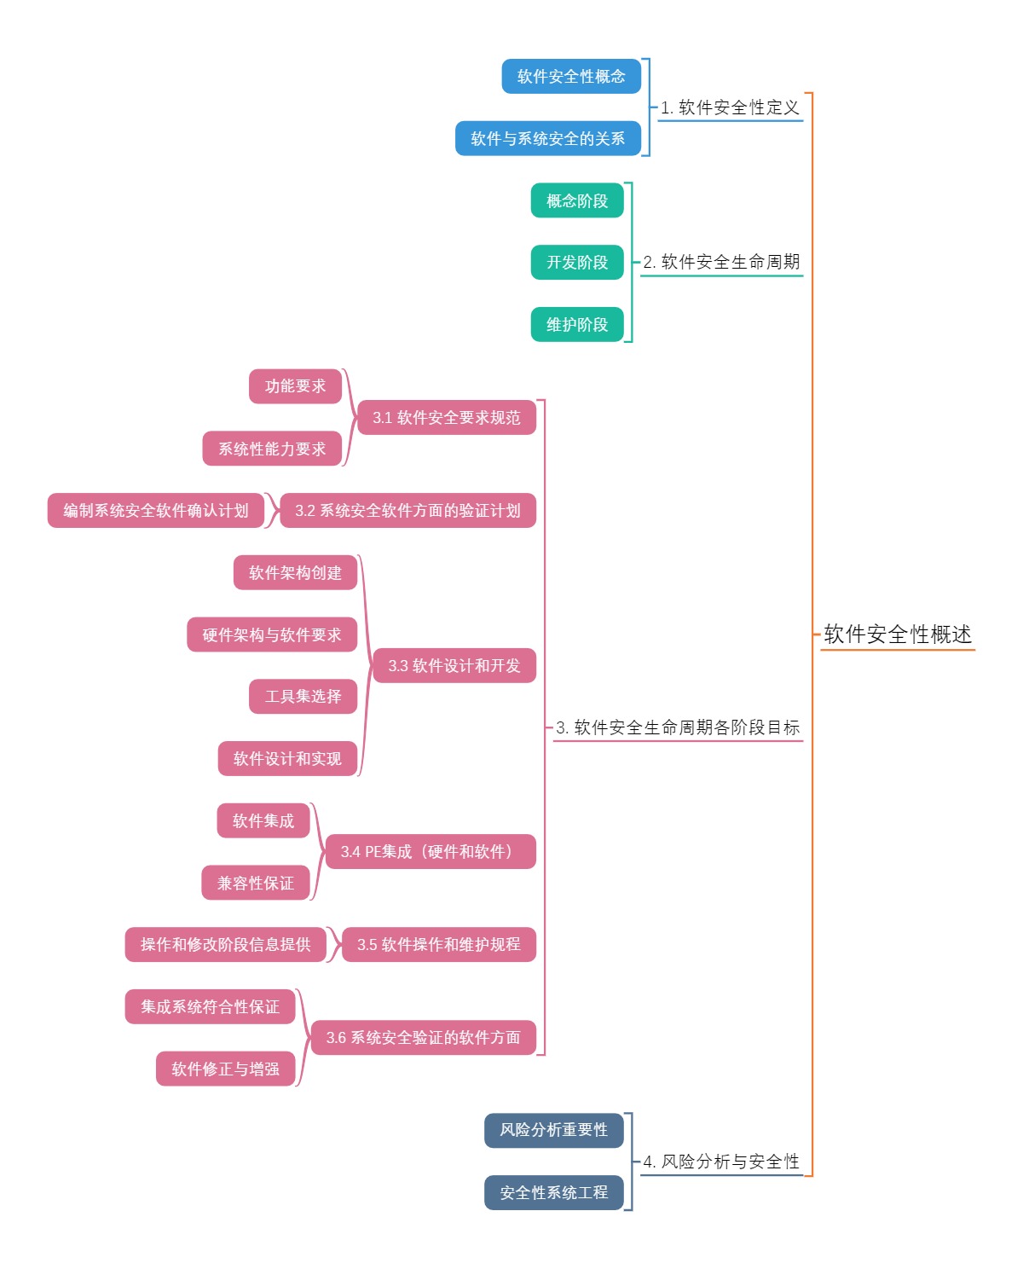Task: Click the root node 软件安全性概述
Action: tap(897, 634)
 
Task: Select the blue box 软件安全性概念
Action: tap(571, 76)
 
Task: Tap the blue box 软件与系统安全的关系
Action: tap(548, 138)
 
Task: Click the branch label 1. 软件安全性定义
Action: tap(730, 107)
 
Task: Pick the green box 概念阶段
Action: tap(577, 200)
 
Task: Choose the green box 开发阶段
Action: tap(577, 262)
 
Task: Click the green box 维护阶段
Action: tap(577, 324)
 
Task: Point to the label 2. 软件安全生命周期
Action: tap(721, 262)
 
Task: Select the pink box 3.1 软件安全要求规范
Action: tap(446, 417)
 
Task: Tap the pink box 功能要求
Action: tap(295, 386)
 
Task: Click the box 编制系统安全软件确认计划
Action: tap(156, 510)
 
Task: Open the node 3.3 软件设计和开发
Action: tap(454, 665)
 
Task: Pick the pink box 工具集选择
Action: tap(303, 697)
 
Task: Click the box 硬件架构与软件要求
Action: tap(272, 634)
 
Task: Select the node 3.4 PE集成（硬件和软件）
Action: tap(431, 851)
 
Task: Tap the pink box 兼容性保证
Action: tap(256, 883)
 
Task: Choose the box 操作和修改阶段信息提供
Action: tap(225, 944)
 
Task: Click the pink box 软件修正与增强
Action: tap(225, 1069)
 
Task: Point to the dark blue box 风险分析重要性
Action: tap(554, 1130)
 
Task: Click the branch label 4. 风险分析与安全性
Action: tap(721, 1162)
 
